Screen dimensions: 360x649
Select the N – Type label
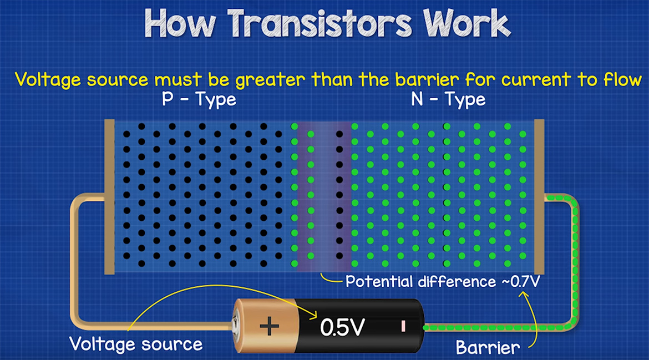(x=448, y=100)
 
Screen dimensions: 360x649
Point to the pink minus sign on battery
(x=403, y=326)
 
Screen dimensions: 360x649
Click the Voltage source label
(x=136, y=344)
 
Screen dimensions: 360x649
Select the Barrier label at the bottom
(x=488, y=348)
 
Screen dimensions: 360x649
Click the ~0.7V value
(x=520, y=281)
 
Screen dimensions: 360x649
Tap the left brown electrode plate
(x=110, y=197)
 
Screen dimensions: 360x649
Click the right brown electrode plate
(x=538, y=197)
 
